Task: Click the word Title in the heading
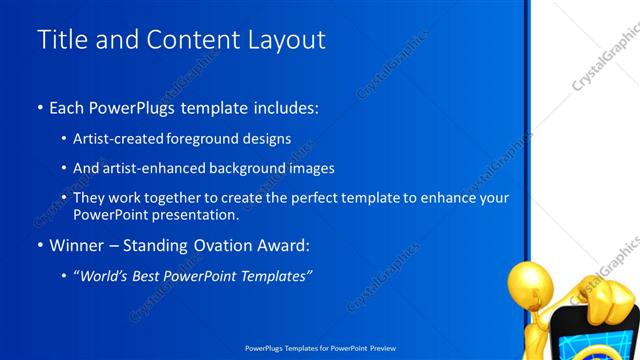pyautogui.click(x=60, y=40)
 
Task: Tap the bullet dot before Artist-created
pyautogui.click(x=65, y=139)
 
